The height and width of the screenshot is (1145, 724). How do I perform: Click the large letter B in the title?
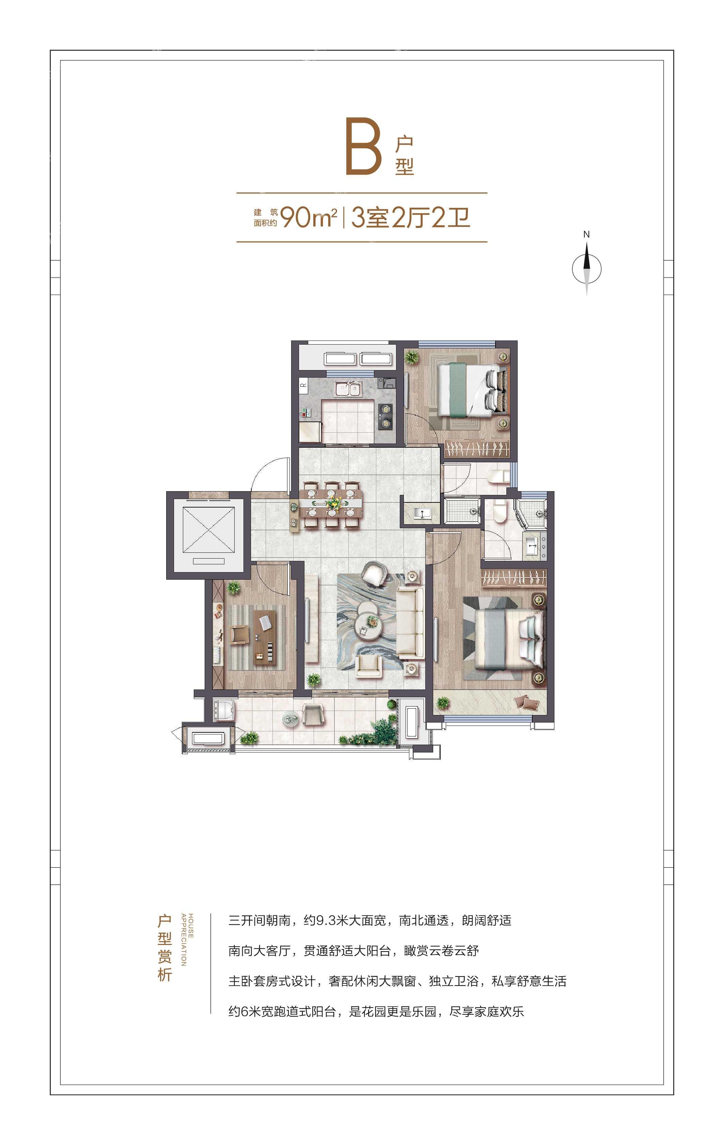tap(364, 147)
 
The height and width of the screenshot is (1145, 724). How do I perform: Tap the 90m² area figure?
tap(309, 218)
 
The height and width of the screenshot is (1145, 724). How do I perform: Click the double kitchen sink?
tap(348, 389)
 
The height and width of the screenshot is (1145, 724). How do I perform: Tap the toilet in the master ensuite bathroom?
tap(500, 509)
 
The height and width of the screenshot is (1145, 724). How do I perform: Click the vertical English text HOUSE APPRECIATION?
tap(187, 940)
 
